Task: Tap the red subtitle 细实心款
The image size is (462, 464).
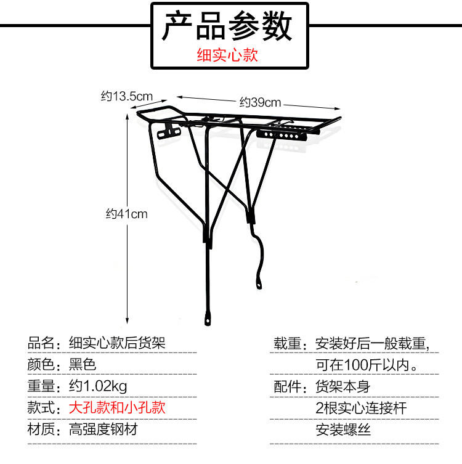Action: click(227, 55)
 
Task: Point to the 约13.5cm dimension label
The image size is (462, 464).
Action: click(127, 96)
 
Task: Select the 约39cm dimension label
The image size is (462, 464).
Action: click(260, 102)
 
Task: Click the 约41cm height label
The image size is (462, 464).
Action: click(126, 214)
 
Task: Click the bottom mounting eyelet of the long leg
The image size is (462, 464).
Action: click(208, 319)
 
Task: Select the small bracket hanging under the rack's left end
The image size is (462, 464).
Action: click(168, 131)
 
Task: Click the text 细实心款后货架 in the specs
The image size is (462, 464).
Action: click(117, 343)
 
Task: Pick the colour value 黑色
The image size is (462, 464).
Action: click(82, 364)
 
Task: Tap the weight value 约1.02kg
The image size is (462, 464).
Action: click(97, 386)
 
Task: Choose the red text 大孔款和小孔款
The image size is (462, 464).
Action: click(117, 407)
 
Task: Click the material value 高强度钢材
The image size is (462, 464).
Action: click(103, 429)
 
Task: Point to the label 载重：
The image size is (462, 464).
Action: click(290, 343)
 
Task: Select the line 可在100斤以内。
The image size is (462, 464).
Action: click(368, 364)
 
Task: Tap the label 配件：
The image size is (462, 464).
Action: click(290, 386)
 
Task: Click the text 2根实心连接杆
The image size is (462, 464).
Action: click(361, 407)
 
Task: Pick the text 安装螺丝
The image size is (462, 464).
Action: click(343, 429)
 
